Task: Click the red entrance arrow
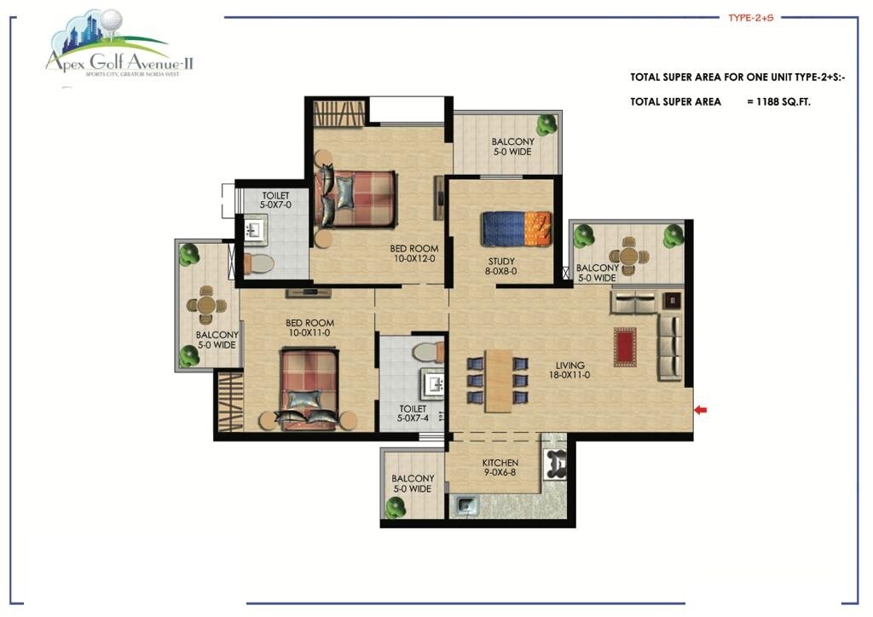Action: coord(700,411)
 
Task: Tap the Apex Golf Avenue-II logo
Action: coord(119,51)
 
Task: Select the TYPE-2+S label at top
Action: coord(749,16)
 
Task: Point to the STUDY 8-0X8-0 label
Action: coord(501,267)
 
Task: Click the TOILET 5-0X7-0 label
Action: coord(275,200)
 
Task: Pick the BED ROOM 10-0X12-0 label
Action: coord(413,253)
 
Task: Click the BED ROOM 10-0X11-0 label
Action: coord(309,327)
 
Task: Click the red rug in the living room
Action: coord(625,347)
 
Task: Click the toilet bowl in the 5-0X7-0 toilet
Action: coord(259,262)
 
